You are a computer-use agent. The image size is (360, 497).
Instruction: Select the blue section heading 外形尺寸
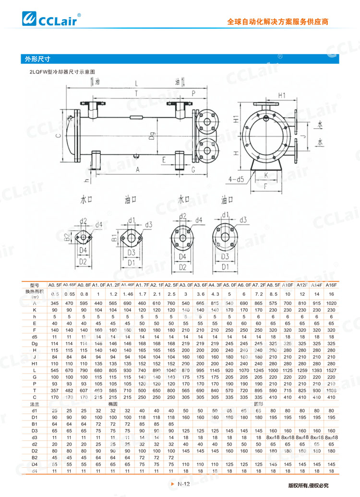[38, 59]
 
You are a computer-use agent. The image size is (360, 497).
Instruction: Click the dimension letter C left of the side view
[58, 136]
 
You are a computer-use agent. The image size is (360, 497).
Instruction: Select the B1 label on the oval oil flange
[114, 237]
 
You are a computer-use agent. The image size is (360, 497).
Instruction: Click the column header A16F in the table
[331, 287]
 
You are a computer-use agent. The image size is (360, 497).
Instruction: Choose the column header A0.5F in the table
[55, 287]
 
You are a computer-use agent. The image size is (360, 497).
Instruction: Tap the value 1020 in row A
[331, 303]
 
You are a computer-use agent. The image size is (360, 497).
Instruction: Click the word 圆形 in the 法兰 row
[258, 391]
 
